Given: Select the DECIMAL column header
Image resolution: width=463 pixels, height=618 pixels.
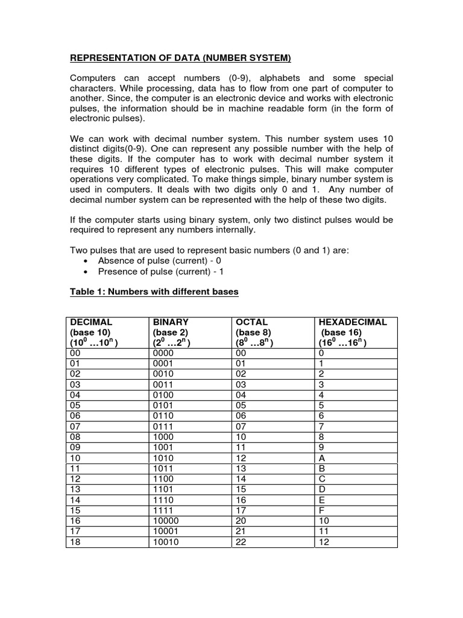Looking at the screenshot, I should point(91,322).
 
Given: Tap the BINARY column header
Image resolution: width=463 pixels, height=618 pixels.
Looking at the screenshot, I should point(171,322).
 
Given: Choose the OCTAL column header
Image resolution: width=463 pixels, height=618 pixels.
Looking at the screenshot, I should point(252,322).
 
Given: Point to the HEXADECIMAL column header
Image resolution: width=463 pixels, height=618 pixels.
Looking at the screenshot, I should point(352,322).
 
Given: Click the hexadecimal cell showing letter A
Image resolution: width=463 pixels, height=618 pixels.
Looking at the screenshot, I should point(321,457).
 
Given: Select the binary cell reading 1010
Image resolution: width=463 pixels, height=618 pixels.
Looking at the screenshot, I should point(163,457).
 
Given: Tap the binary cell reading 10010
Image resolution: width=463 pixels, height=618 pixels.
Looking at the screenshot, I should point(166,542).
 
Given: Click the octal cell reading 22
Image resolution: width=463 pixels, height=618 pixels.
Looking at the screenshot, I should point(241,542).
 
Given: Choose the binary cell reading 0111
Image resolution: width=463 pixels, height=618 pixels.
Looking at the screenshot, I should point(163,427).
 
